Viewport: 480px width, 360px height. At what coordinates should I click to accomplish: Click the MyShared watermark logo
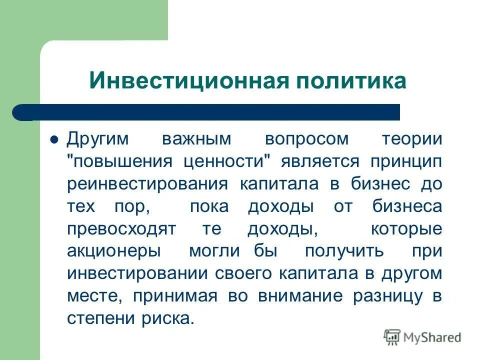pos(422,337)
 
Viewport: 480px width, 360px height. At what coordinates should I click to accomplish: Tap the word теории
pos(412,139)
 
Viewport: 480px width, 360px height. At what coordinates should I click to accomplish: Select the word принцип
pos(406,161)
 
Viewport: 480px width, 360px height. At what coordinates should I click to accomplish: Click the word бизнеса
pos(407,206)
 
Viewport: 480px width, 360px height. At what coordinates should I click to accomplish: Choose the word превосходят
pos(121,229)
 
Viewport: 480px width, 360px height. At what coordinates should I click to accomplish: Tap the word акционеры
pos(114,251)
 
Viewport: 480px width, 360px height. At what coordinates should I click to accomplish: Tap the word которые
pos(406,229)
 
